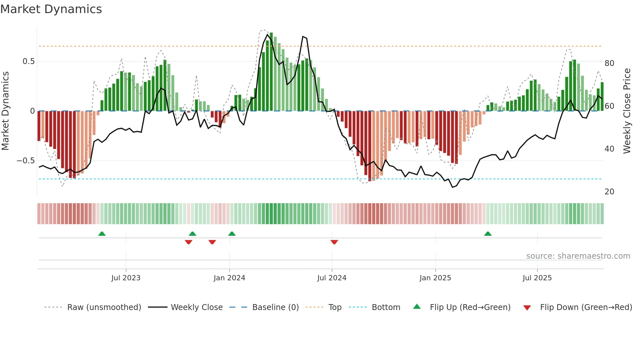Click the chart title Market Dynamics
[x=51, y=9]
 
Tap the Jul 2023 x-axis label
[x=126, y=278]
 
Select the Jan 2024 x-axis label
[x=229, y=278]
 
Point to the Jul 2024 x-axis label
[x=332, y=278]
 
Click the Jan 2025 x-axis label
[x=435, y=278]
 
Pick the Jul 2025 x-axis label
[x=537, y=278]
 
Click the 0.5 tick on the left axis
[x=29, y=61]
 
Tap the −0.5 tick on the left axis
[x=26, y=161]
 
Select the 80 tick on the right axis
[x=609, y=63]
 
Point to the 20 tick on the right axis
[x=609, y=192]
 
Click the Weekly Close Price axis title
[x=627, y=111]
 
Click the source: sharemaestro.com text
[x=578, y=256]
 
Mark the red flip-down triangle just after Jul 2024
[x=334, y=242]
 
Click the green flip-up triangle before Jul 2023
[x=102, y=234]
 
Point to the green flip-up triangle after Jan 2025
[x=488, y=234]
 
